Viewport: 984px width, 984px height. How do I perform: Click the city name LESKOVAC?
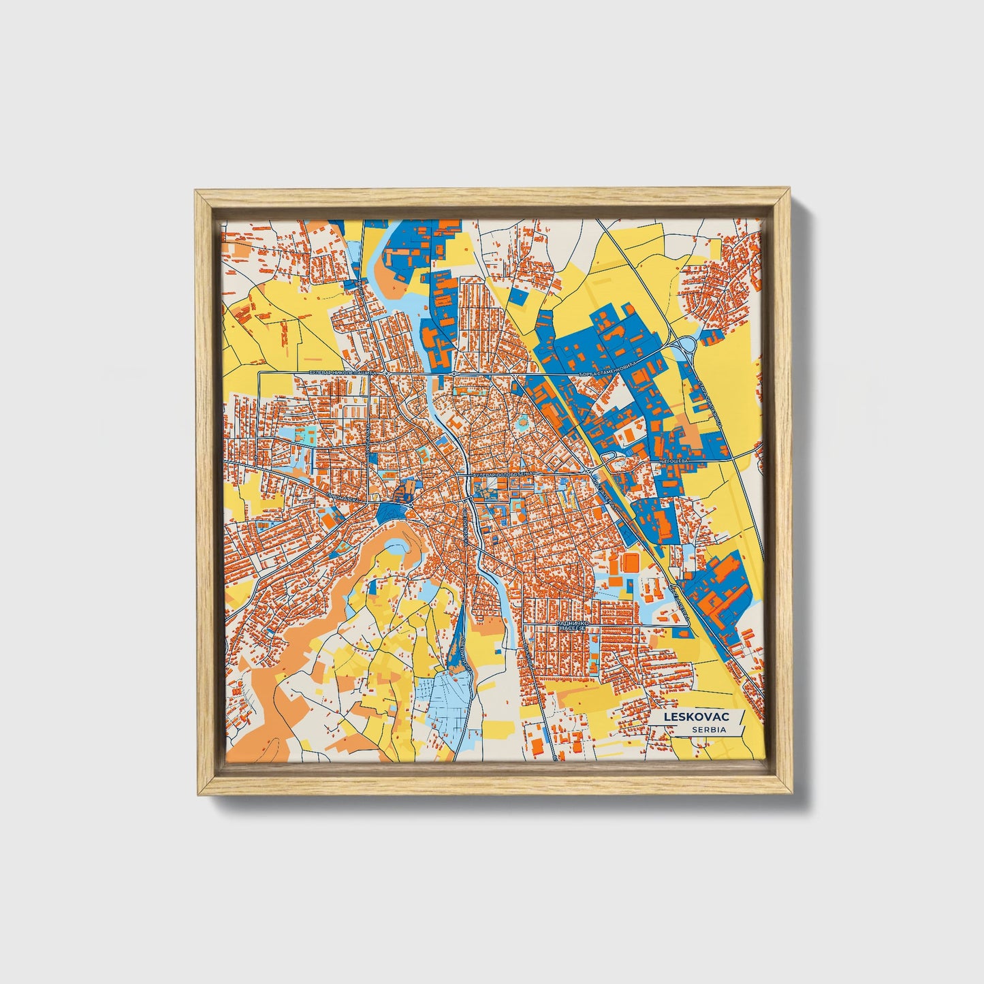pyautogui.click(x=697, y=717)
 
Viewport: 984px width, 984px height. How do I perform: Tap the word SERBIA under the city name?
pyautogui.click(x=708, y=729)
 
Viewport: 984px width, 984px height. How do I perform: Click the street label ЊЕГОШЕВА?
pyautogui.click(x=674, y=461)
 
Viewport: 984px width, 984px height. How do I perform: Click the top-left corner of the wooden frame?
pyautogui.click(x=196, y=192)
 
